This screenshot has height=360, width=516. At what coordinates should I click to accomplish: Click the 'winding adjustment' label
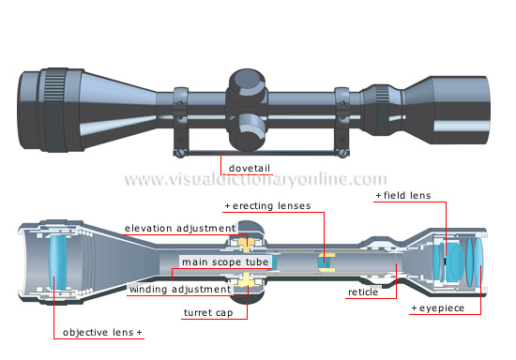point(177,289)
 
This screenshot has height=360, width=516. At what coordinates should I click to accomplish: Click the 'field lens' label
point(404,195)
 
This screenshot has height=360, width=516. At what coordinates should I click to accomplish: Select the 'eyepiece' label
point(439,307)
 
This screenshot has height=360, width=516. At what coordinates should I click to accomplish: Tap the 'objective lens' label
point(99,332)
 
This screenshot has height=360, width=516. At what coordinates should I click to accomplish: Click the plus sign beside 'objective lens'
point(140,332)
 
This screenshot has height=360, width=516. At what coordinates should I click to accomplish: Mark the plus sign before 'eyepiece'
point(414,307)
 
